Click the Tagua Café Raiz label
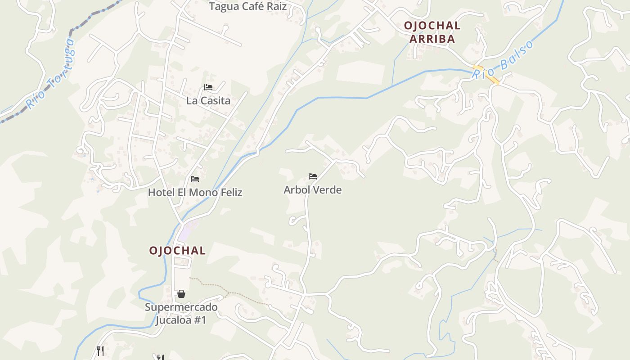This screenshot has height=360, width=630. (x=248, y=6)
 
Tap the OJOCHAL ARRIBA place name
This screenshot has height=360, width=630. (x=432, y=32)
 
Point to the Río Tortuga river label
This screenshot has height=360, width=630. (x=50, y=75)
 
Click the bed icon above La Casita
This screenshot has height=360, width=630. (x=208, y=87)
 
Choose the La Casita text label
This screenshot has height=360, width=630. (x=208, y=100)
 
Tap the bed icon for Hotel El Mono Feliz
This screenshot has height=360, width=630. (x=195, y=179)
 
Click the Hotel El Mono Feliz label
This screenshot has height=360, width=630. (x=195, y=193)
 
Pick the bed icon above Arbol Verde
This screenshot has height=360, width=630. (x=313, y=176)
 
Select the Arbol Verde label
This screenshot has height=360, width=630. (x=313, y=190)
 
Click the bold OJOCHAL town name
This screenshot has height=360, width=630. (x=177, y=251)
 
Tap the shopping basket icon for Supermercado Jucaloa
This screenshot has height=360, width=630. (x=181, y=294)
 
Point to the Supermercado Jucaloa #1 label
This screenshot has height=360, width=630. (x=181, y=314)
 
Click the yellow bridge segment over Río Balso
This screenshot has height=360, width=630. (x=486, y=74)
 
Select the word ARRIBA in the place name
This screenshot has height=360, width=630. (x=432, y=39)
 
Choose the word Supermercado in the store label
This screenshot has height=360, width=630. (x=181, y=307)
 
